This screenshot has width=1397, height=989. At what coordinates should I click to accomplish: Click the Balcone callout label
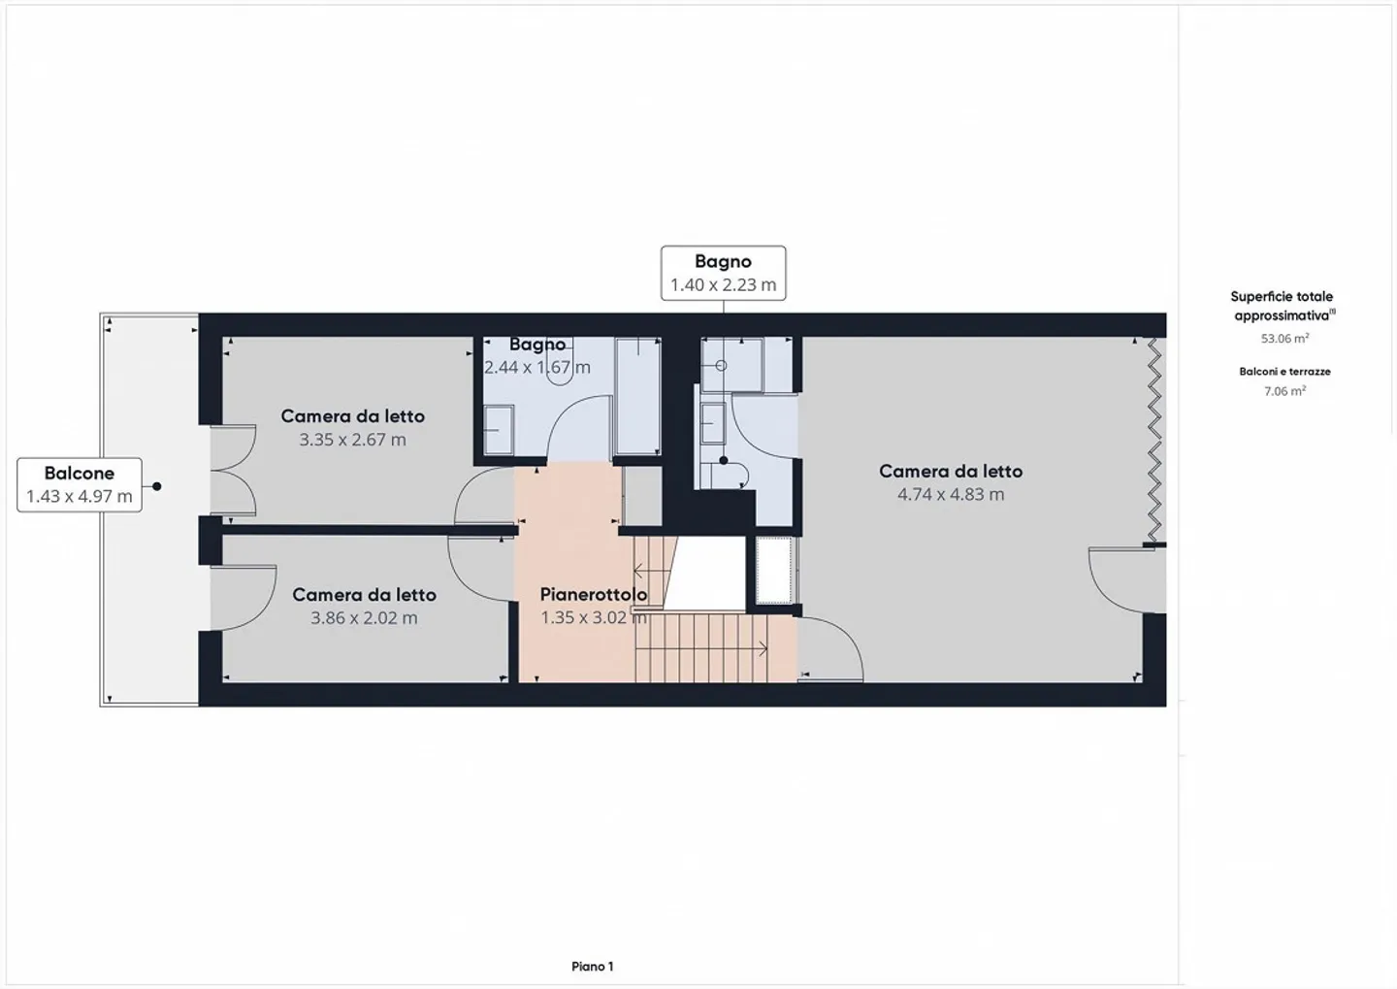80,474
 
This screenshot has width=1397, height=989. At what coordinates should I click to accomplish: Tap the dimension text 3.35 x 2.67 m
352,440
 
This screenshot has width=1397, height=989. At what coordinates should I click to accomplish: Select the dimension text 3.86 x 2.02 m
364,618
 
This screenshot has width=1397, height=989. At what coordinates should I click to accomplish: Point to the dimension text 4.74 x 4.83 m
951,494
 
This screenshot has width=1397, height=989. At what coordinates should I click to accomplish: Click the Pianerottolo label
593,594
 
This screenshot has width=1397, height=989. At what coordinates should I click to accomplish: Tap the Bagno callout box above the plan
723,273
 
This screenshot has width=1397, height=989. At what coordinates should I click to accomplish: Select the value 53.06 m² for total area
1284,339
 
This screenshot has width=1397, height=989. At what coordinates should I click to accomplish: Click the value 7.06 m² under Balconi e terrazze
1284,391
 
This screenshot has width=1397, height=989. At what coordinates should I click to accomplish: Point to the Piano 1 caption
592,966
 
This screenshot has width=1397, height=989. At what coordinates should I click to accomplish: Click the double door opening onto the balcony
233,471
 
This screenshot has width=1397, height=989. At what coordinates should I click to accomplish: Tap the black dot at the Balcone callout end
156,486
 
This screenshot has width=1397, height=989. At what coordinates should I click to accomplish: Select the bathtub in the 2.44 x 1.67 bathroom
637,395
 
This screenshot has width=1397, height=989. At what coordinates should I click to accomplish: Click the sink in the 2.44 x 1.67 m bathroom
499,430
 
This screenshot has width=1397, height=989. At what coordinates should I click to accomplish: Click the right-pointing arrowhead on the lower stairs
763,647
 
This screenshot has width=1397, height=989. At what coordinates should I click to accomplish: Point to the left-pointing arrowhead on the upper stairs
638,572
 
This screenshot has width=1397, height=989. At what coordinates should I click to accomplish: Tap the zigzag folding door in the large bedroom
1153,440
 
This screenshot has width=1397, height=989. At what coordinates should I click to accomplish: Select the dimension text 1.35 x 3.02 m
593,618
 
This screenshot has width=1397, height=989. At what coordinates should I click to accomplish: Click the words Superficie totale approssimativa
1282,306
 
